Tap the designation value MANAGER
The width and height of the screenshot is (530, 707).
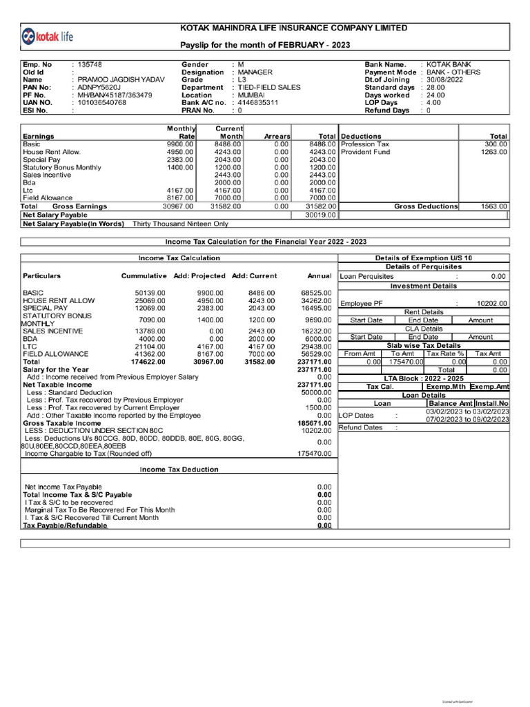pos(255,72)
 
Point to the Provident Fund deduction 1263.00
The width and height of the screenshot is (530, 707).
pos(493,152)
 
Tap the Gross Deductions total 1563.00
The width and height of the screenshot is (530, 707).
pos(493,206)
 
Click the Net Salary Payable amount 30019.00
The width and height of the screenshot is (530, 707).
pos(320,215)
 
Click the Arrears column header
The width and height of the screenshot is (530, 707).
pos(276,137)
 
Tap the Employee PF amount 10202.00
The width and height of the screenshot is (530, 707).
pos(491,303)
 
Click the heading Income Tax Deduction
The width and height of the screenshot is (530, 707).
pos(179,469)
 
